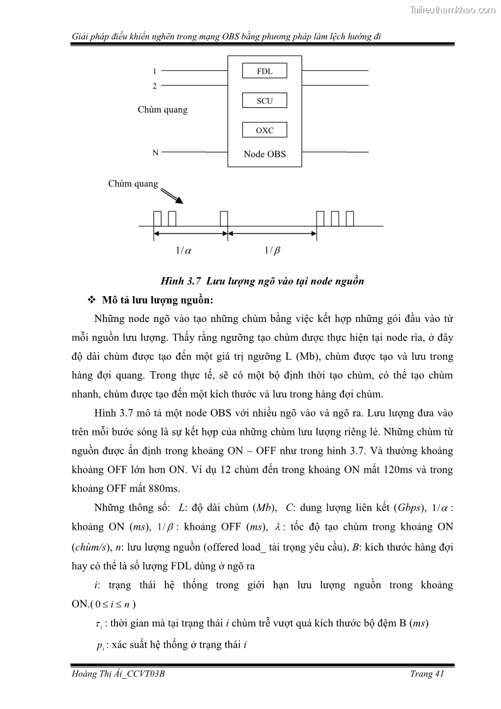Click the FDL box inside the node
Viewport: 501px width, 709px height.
coord(264,71)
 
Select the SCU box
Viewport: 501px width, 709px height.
coord(264,101)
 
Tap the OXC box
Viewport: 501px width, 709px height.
coord(264,131)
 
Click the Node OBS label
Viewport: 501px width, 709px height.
coord(264,154)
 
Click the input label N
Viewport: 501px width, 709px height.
coord(155,153)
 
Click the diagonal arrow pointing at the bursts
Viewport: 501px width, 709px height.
coord(172,195)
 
